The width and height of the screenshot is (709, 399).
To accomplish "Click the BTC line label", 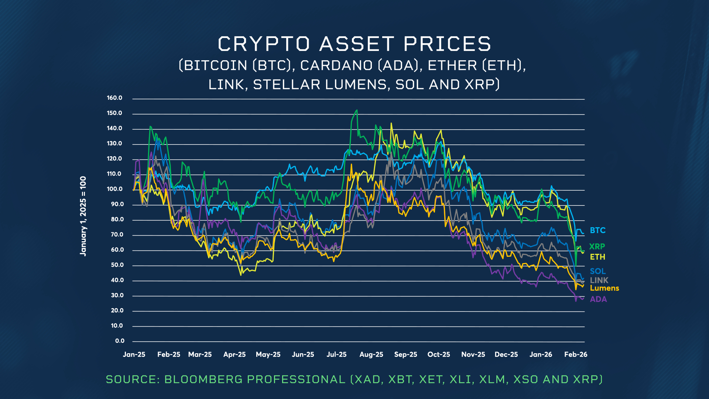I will pyautogui.click(x=597, y=231).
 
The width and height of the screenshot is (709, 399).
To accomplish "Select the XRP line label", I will pyautogui.click(x=597, y=246).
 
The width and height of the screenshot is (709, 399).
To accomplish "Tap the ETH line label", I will pyautogui.click(x=597, y=257).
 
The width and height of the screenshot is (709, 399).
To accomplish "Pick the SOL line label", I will pyautogui.click(x=597, y=271).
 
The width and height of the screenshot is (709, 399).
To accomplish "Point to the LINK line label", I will pyautogui.click(x=599, y=280).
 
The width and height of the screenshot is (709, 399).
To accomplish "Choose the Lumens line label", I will pyautogui.click(x=604, y=288).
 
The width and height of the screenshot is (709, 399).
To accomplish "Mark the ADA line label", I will pyautogui.click(x=598, y=299).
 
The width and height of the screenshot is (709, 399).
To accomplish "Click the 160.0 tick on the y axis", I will pyautogui.click(x=114, y=98).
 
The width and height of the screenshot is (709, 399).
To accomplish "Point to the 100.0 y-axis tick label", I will pyautogui.click(x=114, y=189).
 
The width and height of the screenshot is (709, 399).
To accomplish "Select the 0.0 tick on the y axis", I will pyautogui.click(x=120, y=341).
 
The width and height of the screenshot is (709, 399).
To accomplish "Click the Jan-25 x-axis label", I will pyautogui.click(x=134, y=355).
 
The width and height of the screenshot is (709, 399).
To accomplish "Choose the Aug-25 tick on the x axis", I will pyautogui.click(x=371, y=355).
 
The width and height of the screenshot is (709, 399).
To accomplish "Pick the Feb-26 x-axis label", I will pyautogui.click(x=576, y=355).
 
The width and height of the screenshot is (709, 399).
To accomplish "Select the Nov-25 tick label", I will pyautogui.click(x=473, y=355).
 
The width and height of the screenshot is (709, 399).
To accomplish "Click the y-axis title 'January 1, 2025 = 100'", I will pyautogui.click(x=83, y=216).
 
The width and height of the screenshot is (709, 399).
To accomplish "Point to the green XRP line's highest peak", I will pyautogui.click(x=356, y=110).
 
